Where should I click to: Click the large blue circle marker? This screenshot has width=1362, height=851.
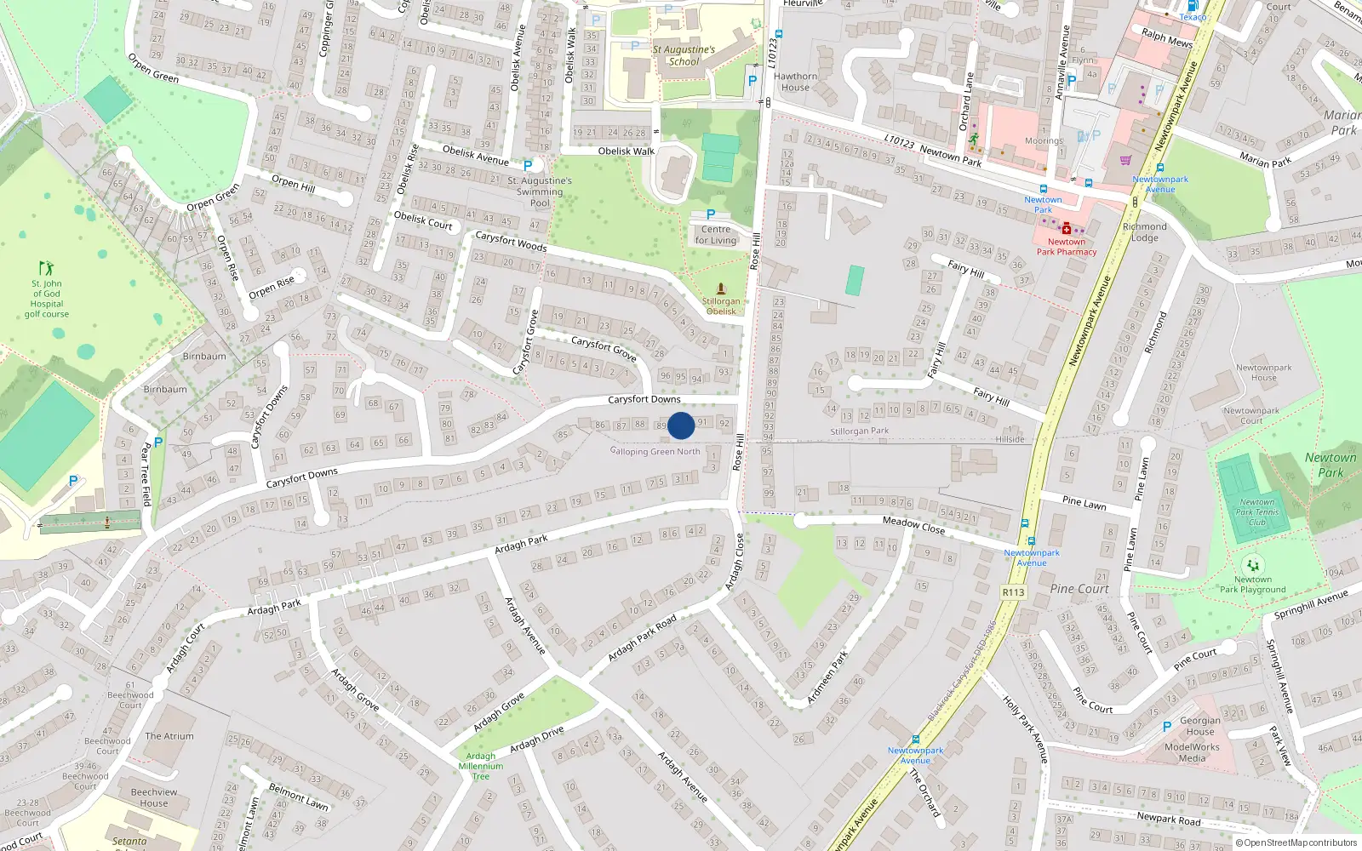point(681,425)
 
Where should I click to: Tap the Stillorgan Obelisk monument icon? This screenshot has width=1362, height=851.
point(721,288)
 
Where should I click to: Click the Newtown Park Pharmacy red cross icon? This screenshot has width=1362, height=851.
point(1066,228)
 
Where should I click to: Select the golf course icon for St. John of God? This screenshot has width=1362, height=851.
point(46,268)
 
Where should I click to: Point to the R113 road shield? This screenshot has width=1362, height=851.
point(1013,592)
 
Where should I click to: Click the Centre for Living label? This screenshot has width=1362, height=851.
point(716,235)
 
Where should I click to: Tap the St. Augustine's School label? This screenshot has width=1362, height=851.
point(684,55)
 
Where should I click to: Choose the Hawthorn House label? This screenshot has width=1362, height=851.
point(795,82)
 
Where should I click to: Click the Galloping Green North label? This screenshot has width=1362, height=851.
point(655,451)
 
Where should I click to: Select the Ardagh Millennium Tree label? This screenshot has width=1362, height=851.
point(481,766)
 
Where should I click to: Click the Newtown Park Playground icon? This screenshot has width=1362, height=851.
point(1252,564)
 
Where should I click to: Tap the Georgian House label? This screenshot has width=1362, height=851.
point(1200,726)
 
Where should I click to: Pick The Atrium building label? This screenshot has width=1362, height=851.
point(169,736)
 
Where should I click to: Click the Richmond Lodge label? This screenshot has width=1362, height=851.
point(1145,231)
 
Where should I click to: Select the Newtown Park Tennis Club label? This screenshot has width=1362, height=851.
point(1257,511)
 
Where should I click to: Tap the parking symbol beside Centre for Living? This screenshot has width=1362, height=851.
point(711,214)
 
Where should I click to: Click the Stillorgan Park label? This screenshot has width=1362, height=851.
point(859,431)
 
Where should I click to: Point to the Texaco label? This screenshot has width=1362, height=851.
point(1193,17)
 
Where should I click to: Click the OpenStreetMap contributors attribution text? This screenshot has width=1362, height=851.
point(1300,842)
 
